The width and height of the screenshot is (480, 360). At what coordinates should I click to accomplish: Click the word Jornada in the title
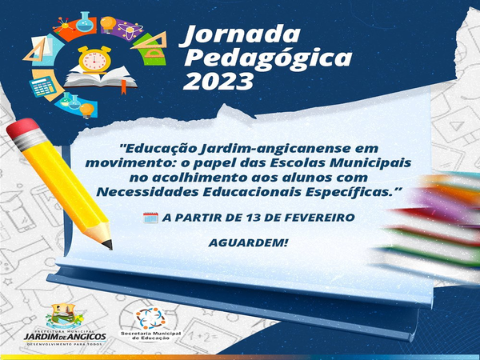[240, 34]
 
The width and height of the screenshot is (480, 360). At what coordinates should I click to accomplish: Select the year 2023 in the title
[219, 82]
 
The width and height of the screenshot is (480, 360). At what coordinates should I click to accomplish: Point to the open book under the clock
[101, 78]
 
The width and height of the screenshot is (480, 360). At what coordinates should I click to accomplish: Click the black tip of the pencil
[108, 244]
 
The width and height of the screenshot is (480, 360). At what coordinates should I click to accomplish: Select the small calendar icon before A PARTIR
[150, 218]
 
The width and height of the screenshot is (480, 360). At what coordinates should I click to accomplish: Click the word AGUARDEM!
[248, 242]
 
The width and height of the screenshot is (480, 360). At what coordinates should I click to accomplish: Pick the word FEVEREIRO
[319, 218]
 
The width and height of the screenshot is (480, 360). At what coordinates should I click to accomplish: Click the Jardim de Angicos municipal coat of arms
[64, 316]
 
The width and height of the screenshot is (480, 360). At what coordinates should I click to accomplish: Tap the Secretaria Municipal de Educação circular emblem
[150, 318]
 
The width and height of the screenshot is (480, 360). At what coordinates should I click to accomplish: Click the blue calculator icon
[42, 86]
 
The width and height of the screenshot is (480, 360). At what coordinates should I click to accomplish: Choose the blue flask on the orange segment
[85, 22]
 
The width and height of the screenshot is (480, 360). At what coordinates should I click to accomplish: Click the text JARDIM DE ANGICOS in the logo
[66, 337]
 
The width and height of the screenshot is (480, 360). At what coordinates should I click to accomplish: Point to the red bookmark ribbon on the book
[124, 86]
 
